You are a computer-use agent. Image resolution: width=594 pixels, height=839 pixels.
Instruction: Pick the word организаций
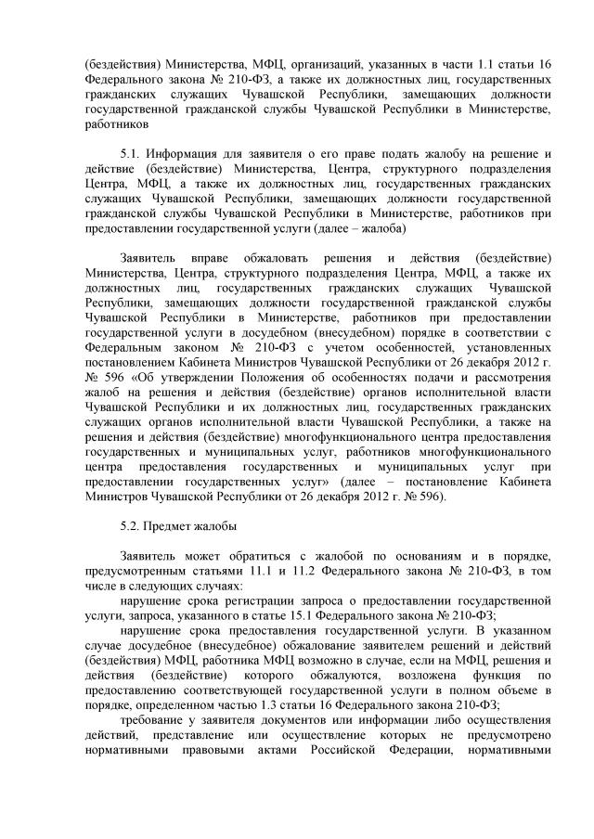click(317, 63)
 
